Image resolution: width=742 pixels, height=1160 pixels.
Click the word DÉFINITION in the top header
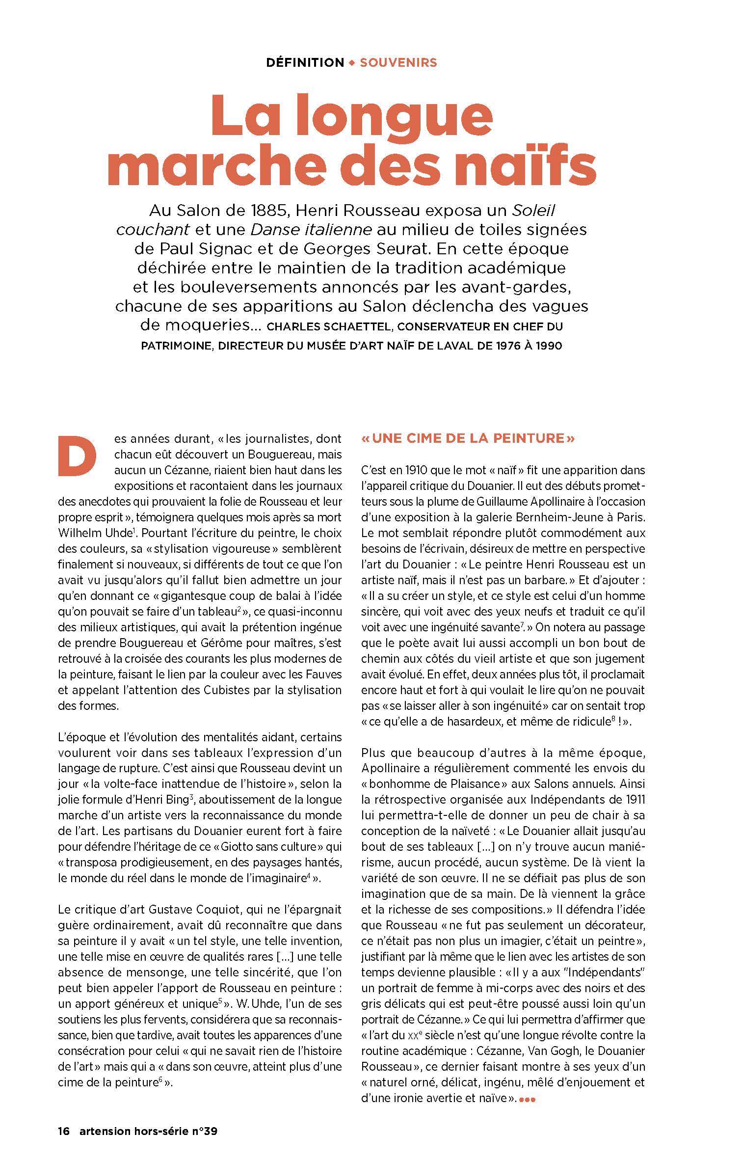point(305,63)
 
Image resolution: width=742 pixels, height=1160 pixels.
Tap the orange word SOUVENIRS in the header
point(398,63)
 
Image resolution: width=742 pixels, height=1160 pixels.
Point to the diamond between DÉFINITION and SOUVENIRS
point(351,63)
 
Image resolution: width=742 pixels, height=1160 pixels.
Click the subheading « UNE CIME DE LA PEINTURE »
point(468,438)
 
